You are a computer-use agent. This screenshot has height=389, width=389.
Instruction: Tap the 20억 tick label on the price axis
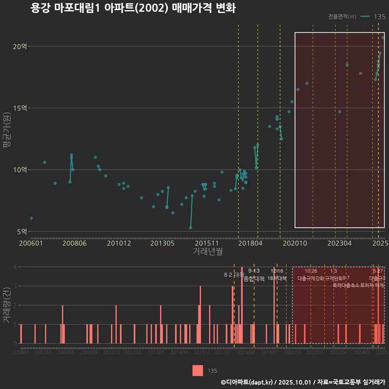click(x=20, y=47)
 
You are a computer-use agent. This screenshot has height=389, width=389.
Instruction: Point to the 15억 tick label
click(x=20, y=108)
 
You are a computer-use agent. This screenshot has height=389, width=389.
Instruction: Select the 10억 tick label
click(x=20, y=170)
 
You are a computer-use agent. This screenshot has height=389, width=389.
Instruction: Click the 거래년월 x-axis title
click(x=207, y=252)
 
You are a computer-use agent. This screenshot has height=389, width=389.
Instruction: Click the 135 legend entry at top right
click(x=380, y=17)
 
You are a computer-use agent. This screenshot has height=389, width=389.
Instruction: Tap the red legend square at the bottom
click(x=198, y=370)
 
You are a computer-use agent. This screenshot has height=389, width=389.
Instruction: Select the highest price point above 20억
click(x=383, y=38)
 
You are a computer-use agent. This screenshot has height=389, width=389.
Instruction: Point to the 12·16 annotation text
click(x=277, y=271)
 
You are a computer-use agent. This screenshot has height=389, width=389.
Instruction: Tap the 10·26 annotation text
click(x=311, y=271)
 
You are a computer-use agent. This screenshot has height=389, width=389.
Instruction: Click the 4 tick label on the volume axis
click(x=15, y=267)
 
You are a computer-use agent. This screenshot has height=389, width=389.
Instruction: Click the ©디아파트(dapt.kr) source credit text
click(x=247, y=382)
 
